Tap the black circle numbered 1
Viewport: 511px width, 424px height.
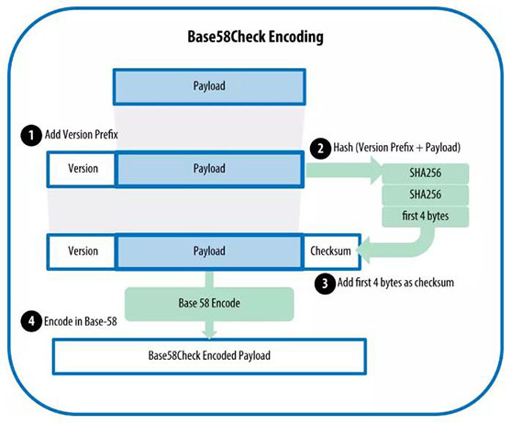pyautogui.click(x=29, y=135)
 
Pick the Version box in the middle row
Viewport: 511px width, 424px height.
pyautogui.click(x=83, y=169)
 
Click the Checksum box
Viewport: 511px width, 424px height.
pyautogui.click(x=331, y=250)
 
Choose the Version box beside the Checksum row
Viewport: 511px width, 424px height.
pyautogui.click(x=83, y=250)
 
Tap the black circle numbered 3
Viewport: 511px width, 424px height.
pyautogui.click(x=322, y=285)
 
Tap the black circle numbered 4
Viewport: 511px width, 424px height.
pyautogui.click(x=29, y=322)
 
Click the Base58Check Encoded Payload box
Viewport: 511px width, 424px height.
pyautogui.click(x=210, y=354)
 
